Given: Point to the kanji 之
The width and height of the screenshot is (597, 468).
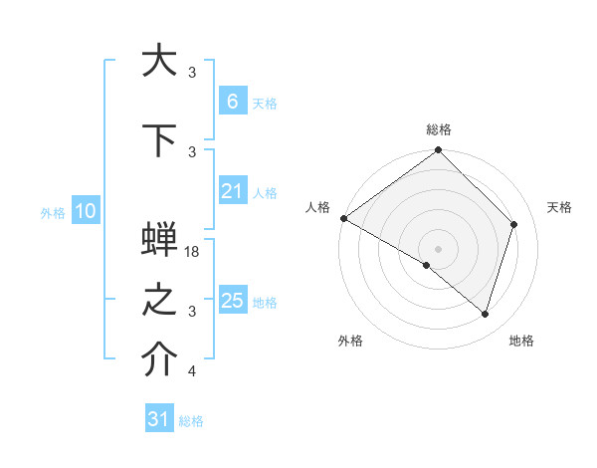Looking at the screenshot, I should pos(159,303).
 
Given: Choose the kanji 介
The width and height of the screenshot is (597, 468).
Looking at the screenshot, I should pos(159,362).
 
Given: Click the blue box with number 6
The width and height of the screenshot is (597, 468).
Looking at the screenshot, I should pos(232,101).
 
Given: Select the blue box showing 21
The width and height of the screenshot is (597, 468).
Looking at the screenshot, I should pos(232,191).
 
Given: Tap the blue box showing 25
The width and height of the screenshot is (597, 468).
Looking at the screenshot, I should pos(232,301).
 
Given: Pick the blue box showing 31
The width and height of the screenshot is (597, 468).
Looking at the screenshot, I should pos(159,419).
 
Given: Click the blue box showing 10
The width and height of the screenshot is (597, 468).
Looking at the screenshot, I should pos(85,211).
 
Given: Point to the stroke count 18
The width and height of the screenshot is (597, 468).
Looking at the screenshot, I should pos(193,252).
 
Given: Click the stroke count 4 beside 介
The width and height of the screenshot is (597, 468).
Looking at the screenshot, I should pos(192,371).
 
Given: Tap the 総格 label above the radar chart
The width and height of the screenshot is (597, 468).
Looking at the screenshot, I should pos(439,129).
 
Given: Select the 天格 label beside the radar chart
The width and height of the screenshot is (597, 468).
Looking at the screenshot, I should pos(560,207).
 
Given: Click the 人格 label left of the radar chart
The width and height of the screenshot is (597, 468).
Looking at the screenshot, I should pos(317,207).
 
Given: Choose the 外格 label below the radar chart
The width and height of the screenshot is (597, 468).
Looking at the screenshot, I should pos(350,341).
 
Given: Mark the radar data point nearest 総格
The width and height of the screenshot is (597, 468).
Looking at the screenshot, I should pos(439,150).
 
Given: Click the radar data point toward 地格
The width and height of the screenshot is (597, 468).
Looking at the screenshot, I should pos(486,315).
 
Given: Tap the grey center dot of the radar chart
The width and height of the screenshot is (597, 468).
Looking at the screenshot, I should pos(439,248).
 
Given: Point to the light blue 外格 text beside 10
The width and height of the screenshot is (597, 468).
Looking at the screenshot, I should pos(53,212).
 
